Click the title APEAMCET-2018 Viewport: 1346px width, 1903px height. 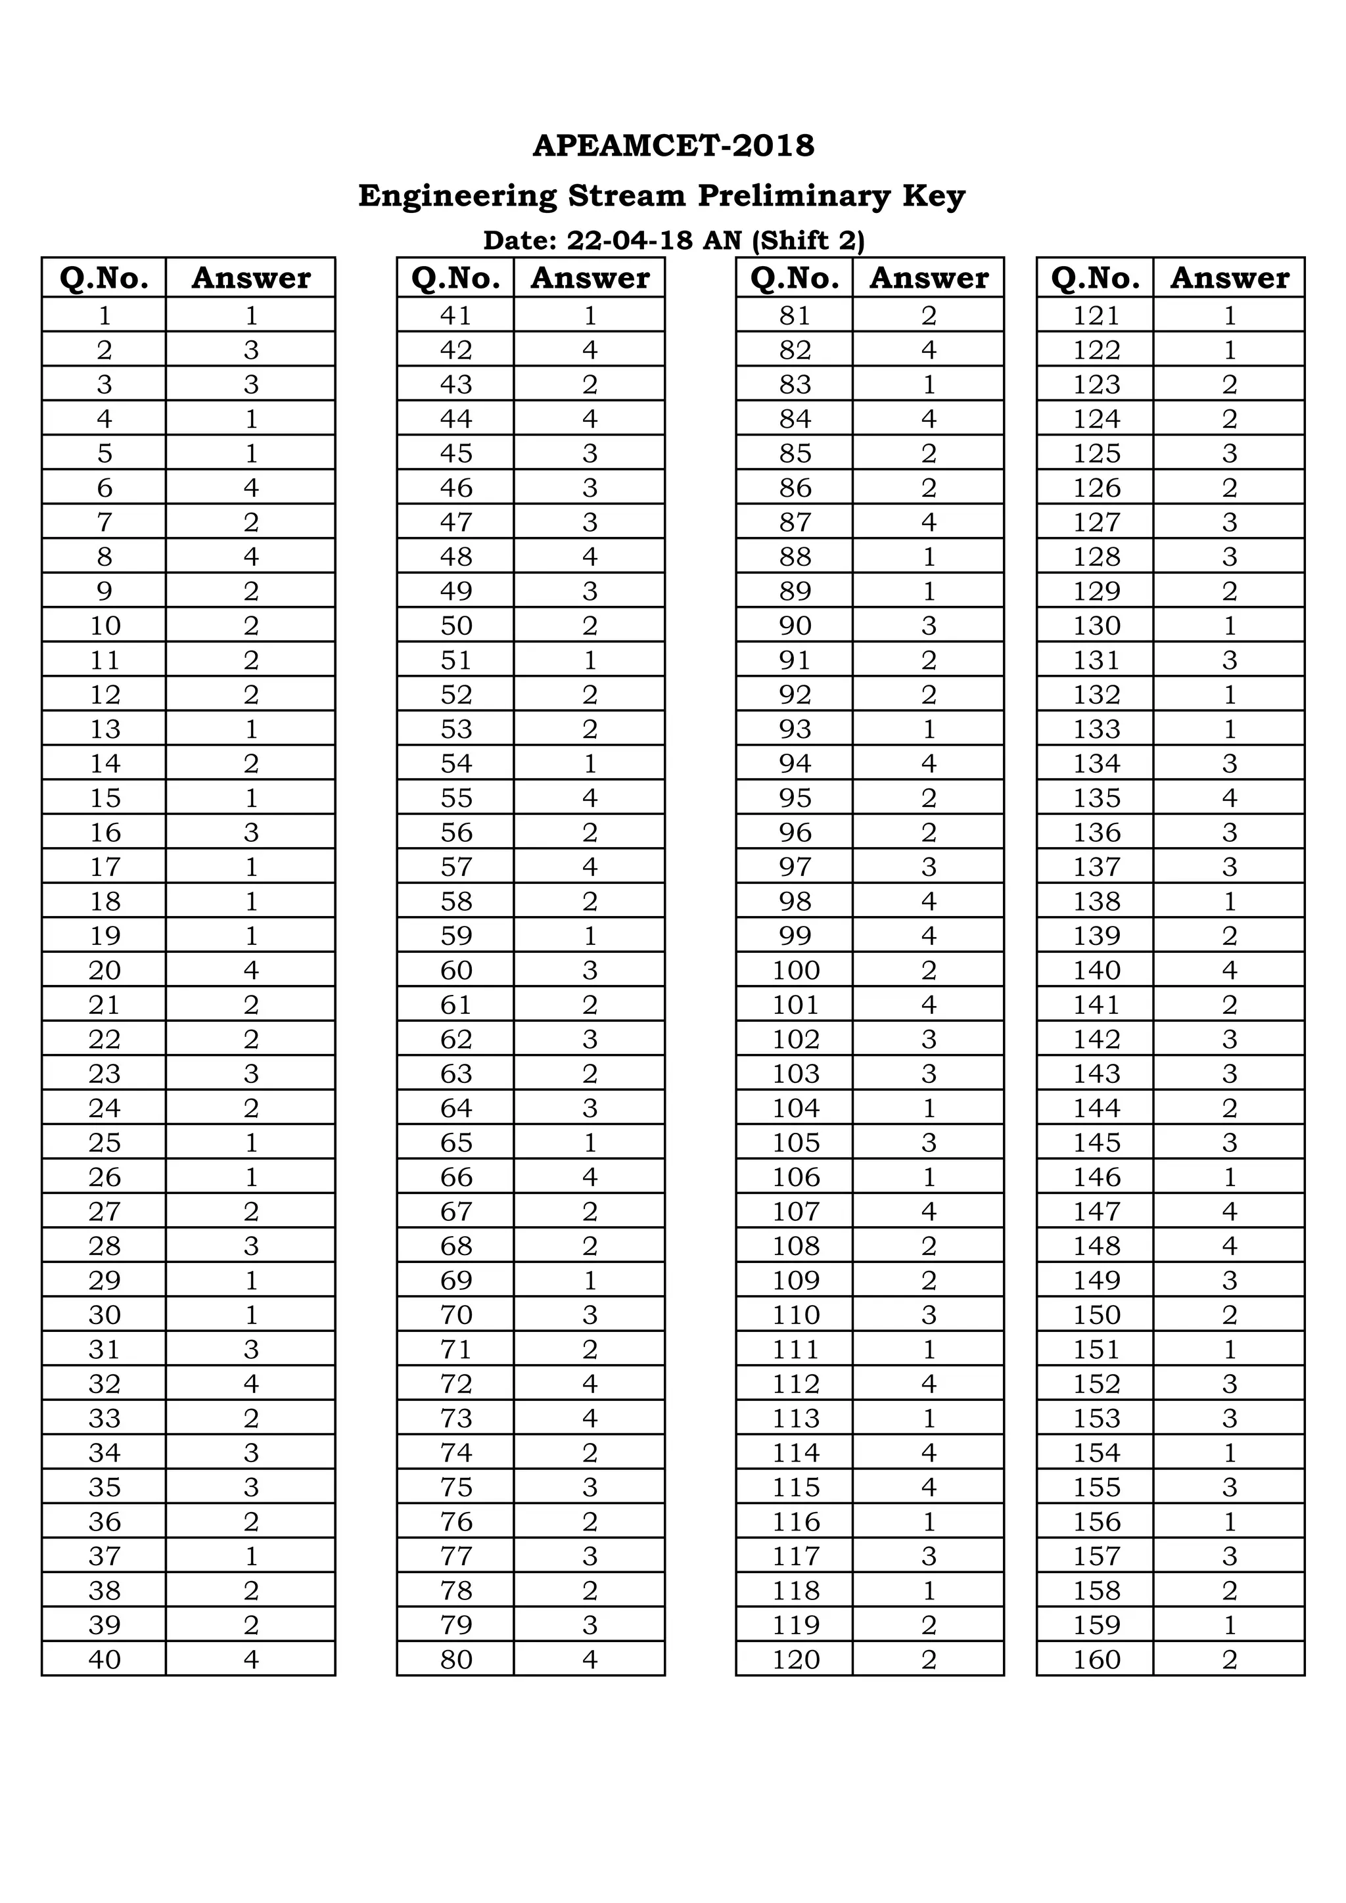[x=673, y=146]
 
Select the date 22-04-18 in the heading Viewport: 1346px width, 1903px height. [x=629, y=241]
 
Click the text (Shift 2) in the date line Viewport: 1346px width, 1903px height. [x=808, y=241]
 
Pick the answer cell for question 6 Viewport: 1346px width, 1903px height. [x=251, y=488]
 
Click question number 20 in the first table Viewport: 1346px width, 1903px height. [x=104, y=970]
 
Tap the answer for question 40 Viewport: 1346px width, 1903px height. [x=251, y=1659]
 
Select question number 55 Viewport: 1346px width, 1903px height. [x=456, y=797]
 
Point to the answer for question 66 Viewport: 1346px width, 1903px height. [x=590, y=1177]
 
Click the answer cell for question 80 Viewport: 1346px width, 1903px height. [x=590, y=1659]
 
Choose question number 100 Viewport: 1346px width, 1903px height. [x=796, y=970]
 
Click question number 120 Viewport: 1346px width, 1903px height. [x=796, y=1659]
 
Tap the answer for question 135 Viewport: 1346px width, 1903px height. [x=1229, y=797]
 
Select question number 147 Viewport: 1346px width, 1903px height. [x=1096, y=1211]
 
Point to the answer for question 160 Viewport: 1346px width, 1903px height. [x=1229, y=1659]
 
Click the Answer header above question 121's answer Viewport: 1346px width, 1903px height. [x=1229, y=278]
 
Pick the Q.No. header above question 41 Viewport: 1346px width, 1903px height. [x=456, y=278]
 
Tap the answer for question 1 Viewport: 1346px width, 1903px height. [x=251, y=315]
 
